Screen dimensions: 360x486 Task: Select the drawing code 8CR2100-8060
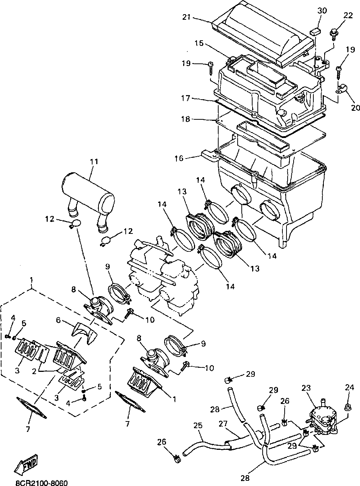click(41, 482)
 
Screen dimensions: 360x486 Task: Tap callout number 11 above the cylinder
click(94, 162)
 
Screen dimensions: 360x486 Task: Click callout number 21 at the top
click(187, 17)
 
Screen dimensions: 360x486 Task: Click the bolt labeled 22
click(333, 35)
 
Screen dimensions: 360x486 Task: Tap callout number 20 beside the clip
click(355, 107)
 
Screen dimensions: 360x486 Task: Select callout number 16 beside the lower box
click(179, 158)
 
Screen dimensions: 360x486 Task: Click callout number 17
click(185, 98)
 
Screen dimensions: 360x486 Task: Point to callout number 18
click(185, 119)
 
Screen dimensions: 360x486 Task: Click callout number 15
click(199, 43)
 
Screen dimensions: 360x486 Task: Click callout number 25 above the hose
click(198, 425)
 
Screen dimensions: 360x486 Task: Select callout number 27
click(223, 424)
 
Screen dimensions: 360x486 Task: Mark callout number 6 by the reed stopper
click(58, 320)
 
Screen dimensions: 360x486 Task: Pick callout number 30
click(322, 10)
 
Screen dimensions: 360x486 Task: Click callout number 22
click(348, 16)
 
